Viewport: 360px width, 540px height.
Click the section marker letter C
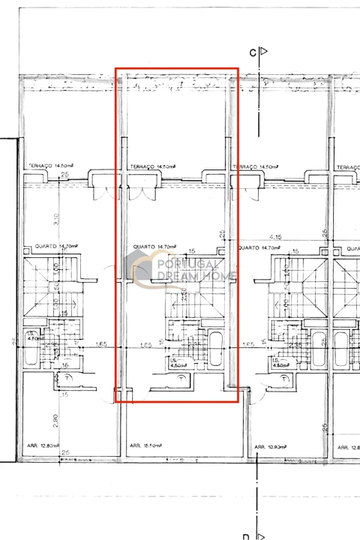click(x=253, y=52)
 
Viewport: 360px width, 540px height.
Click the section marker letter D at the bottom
click(x=245, y=536)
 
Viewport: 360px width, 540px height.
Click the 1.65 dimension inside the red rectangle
click(x=147, y=346)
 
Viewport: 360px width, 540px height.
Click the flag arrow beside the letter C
click(x=262, y=52)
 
